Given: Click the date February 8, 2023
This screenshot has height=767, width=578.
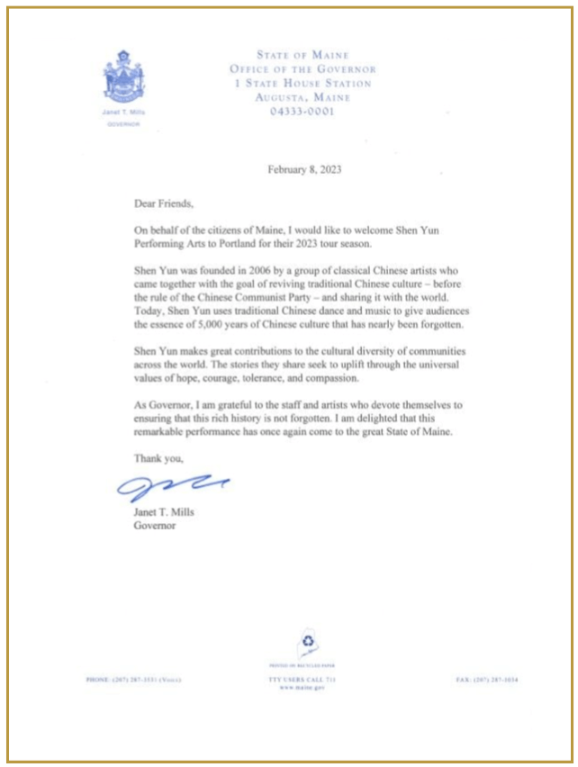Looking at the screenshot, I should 305,168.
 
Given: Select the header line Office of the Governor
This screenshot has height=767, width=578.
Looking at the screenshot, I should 303,69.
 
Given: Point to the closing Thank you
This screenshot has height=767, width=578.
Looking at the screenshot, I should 158,458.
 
